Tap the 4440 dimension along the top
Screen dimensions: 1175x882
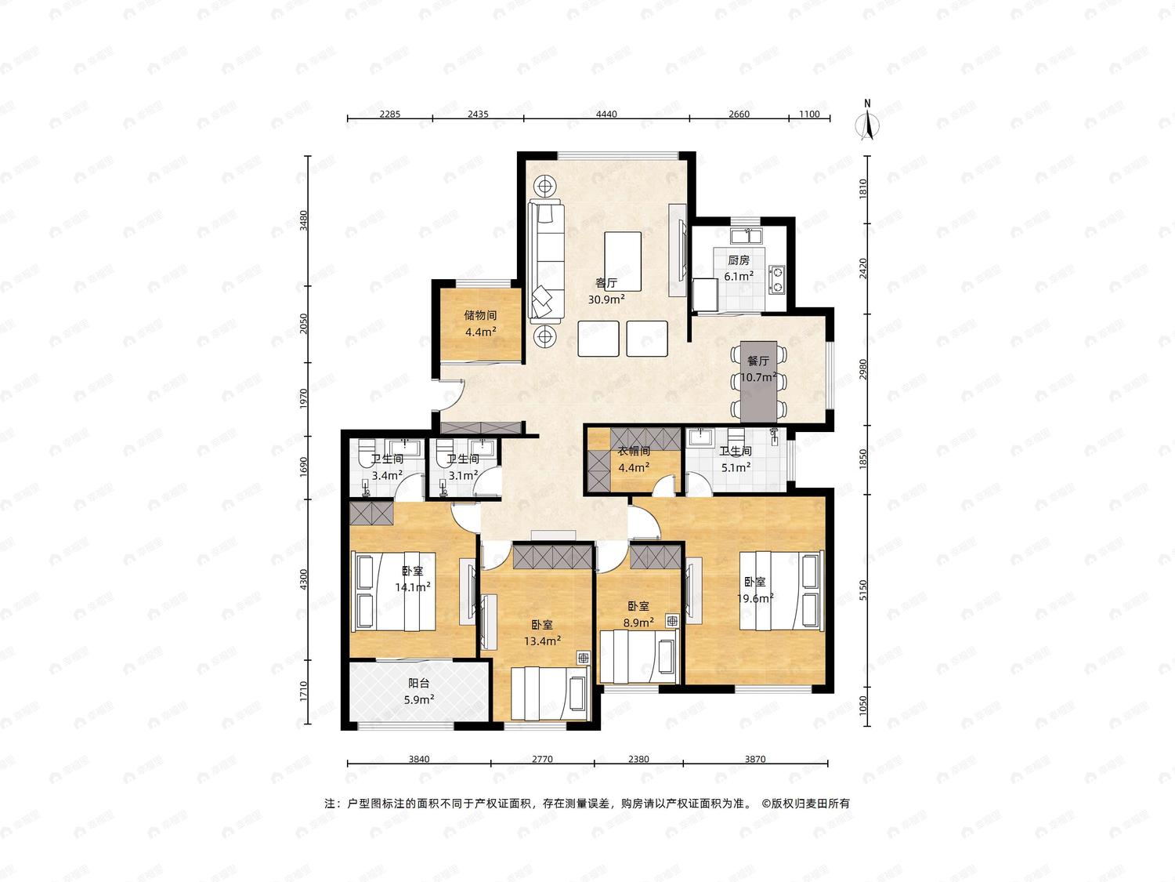[x=606, y=114]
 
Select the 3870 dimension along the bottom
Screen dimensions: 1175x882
[x=755, y=759]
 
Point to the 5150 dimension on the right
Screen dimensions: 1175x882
[x=862, y=590]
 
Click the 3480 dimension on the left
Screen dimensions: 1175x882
[x=304, y=220]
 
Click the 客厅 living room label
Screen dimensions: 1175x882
[x=606, y=283]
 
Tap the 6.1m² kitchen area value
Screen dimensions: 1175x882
[x=739, y=276]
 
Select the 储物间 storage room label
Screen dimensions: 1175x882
[x=480, y=315]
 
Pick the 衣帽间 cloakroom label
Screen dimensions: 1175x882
[x=634, y=451]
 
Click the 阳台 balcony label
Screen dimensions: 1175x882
[x=418, y=684]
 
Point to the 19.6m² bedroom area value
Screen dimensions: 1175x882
[x=755, y=598]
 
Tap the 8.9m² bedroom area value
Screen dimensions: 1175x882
[x=638, y=622]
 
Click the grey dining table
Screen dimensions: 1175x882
[x=758, y=381]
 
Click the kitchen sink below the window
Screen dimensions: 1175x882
[x=747, y=236]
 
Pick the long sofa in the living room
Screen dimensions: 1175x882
[x=545, y=261]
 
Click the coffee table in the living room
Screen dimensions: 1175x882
[x=623, y=261]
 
